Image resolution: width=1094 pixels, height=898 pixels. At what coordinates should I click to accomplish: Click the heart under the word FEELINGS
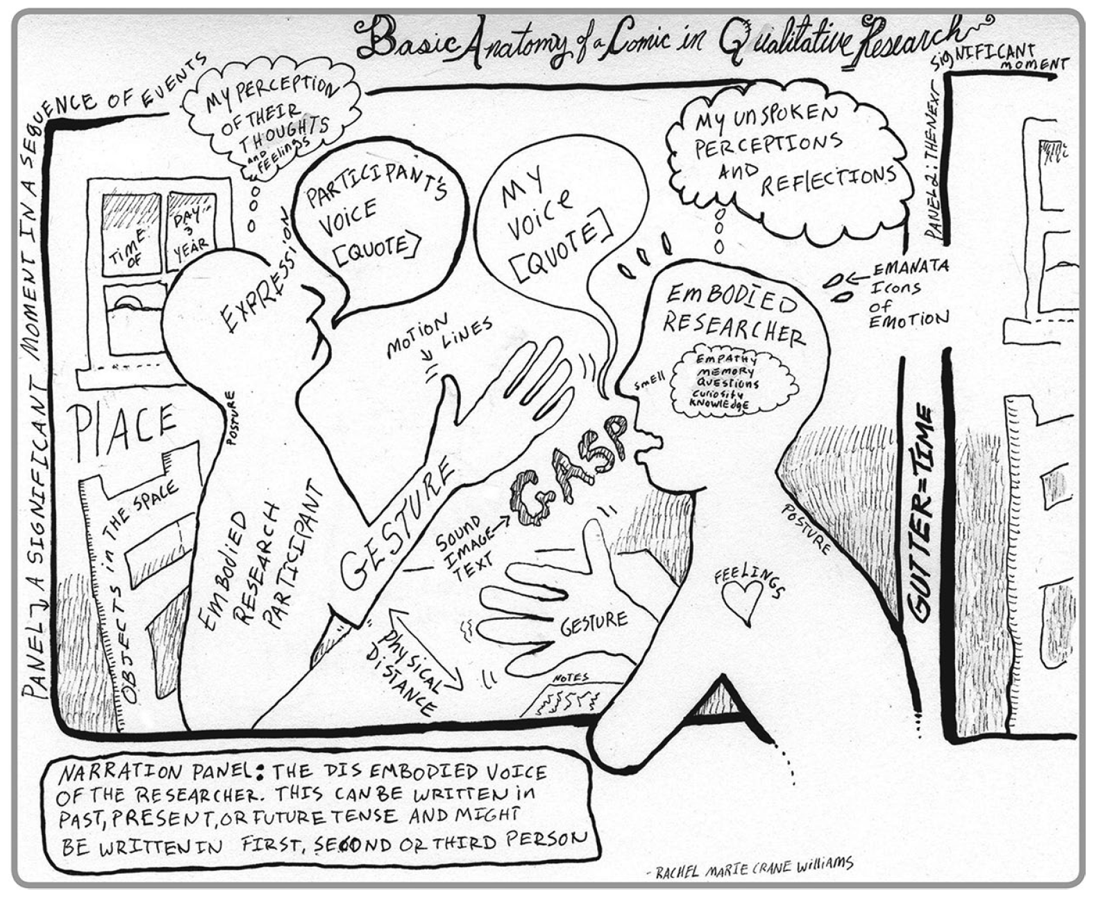pyautogui.click(x=741, y=600)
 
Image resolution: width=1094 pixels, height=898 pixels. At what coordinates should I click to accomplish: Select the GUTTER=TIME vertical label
pyautogui.click(x=922, y=512)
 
